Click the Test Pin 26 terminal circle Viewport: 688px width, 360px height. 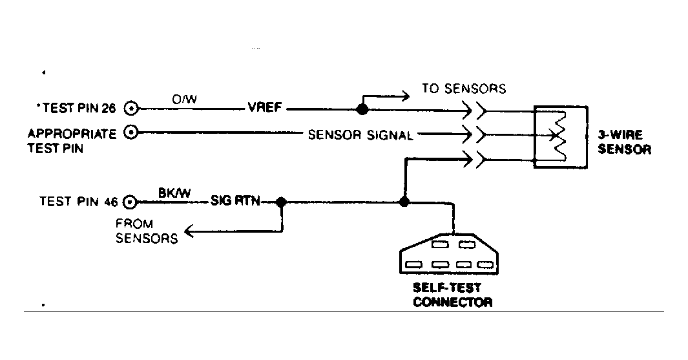point(132,109)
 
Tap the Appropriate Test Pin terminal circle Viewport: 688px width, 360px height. point(132,133)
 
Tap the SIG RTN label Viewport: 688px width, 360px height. point(235,202)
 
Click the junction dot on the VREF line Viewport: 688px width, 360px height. point(362,109)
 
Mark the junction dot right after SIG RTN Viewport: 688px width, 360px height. point(281,202)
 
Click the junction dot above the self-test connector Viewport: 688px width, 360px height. point(404,202)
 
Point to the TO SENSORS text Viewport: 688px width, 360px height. point(464,88)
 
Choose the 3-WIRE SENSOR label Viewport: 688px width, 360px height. point(623,143)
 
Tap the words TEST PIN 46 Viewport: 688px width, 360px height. point(78,202)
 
